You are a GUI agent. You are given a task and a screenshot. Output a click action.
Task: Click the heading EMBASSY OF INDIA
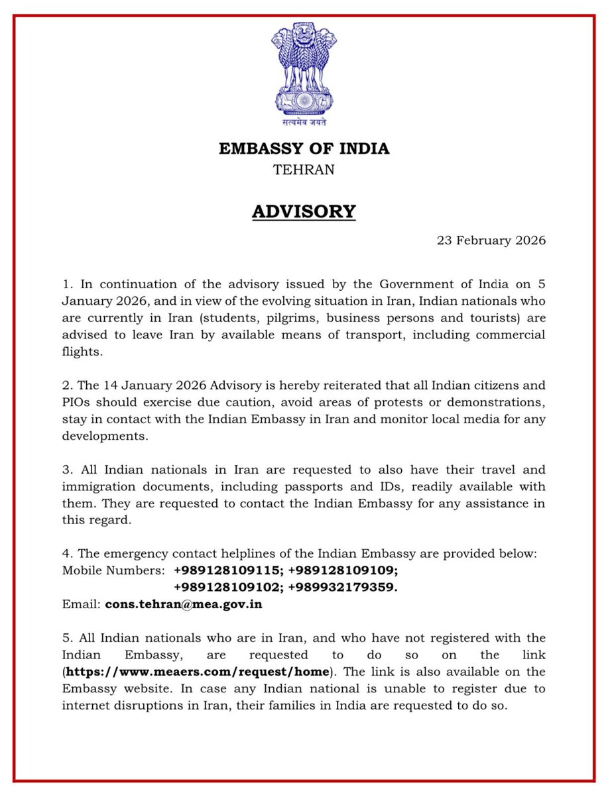pyautogui.click(x=304, y=148)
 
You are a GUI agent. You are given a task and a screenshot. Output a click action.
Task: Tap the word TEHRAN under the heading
pyautogui.click(x=304, y=170)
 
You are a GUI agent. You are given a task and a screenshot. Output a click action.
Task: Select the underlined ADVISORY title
pyautogui.click(x=304, y=211)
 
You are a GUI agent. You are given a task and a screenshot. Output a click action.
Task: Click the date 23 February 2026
pyautogui.click(x=491, y=240)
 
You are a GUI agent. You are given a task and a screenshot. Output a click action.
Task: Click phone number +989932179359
pyautogui.click(x=343, y=587)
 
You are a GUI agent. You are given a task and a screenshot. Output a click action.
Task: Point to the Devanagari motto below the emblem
pyautogui.click(x=304, y=122)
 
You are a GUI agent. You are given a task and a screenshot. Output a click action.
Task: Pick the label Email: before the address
pyautogui.click(x=81, y=604)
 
